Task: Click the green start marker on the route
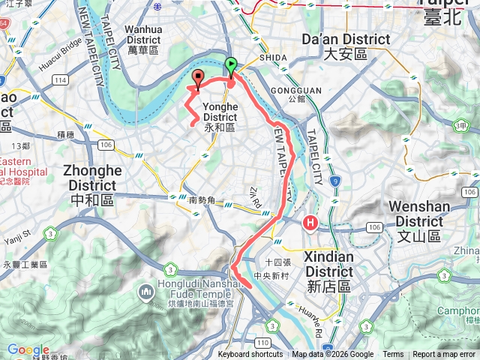[232, 66]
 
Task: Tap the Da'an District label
[345, 46]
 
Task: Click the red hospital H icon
[310, 223]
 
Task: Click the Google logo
[28, 350]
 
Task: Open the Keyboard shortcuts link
[250, 355]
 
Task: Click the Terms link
[393, 355]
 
